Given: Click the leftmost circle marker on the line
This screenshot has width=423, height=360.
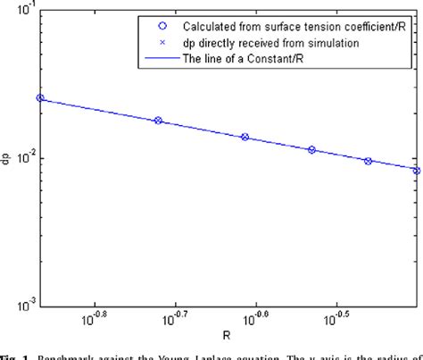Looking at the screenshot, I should pyautogui.click(x=40, y=98).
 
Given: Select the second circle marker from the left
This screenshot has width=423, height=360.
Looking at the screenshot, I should pyautogui.click(x=159, y=120).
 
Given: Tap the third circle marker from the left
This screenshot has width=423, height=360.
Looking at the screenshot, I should pyautogui.click(x=245, y=137).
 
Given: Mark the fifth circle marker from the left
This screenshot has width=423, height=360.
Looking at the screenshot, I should pyautogui.click(x=368, y=161).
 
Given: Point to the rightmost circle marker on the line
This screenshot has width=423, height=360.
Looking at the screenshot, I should pyautogui.click(x=415, y=170).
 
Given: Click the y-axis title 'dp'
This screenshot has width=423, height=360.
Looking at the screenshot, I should pyautogui.click(x=6, y=159).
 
